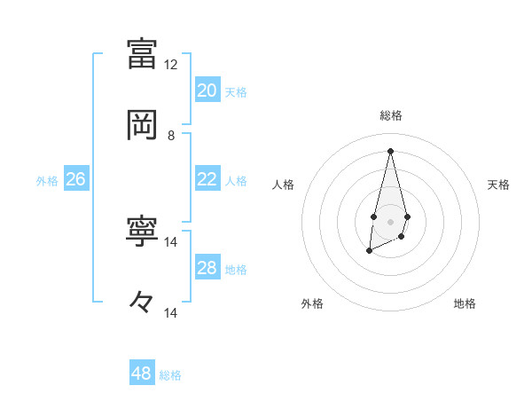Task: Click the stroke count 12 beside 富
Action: [x=171, y=65]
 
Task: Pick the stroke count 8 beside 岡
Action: [x=171, y=136]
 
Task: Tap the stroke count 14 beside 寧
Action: [x=171, y=241]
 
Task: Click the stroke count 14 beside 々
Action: [x=171, y=312]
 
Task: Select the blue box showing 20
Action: [x=207, y=90]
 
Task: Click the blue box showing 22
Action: [x=207, y=179]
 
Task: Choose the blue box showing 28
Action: [x=207, y=268]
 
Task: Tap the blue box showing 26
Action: [x=75, y=179]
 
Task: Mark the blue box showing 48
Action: [x=142, y=374]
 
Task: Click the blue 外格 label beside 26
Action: [x=47, y=180]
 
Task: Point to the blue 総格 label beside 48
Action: [x=170, y=374]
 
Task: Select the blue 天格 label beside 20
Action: [x=235, y=91]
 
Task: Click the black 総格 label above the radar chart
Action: [x=390, y=115]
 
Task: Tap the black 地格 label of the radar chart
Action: [x=465, y=303]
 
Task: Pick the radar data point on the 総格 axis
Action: [x=390, y=150]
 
